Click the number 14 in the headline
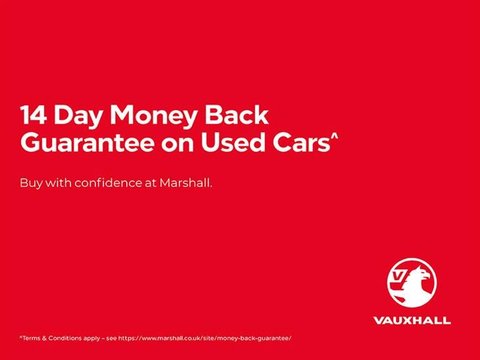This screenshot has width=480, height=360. (x=34, y=115)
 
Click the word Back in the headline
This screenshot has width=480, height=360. (x=237, y=115)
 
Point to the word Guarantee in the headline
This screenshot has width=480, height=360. (x=87, y=142)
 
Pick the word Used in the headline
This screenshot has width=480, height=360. (x=233, y=142)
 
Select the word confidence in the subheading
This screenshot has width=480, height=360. (x=108, y=183)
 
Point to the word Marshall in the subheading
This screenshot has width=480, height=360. (x=186, y=183)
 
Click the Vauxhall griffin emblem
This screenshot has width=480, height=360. (x=412, y=282)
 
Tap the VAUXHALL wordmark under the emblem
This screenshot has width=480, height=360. (x=412, y=321)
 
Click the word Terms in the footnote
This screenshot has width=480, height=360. (x=30, y=338)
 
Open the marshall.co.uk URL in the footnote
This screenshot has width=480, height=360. (x=204, y=338)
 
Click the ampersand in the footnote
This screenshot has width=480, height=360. (x=44, y=338)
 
